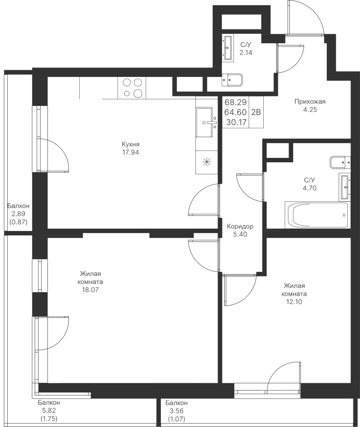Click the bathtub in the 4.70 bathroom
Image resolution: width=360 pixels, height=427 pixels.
(x=317, y=214)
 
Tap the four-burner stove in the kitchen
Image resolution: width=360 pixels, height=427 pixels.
(x=132, y=88)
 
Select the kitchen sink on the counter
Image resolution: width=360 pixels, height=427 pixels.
(x=204, y=122)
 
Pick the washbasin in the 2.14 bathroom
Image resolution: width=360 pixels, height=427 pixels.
(x=228, y=47)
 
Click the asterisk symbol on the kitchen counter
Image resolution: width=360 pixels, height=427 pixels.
(x=207, y=162)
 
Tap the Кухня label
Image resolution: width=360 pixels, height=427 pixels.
(x=130, y=144)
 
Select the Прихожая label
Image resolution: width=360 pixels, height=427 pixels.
(x=310, y=102)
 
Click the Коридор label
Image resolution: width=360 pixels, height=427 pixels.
(x=240, y=226)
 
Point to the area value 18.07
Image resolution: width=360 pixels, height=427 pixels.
(x=90, y=289)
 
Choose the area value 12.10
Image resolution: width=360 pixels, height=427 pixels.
(x=294, y=302)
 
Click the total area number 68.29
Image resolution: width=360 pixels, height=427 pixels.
(x=236, y=102)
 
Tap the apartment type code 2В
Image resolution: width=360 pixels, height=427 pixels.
(x=256, y=112)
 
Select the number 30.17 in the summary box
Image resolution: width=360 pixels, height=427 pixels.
(x=236, y=122)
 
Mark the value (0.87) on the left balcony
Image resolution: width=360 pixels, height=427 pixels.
(x=18, y=222)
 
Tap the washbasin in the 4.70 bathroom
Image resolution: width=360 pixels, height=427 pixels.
(x=344, y=186)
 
